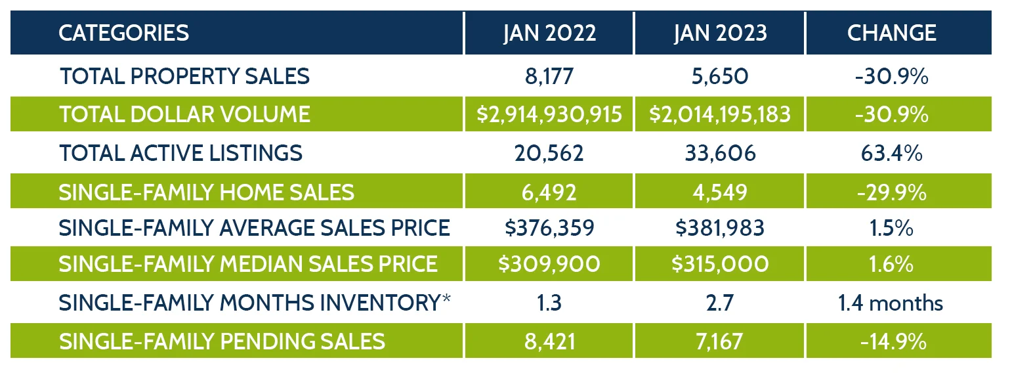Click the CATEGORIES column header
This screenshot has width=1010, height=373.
tap(123, 33)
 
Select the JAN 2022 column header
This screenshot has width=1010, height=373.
tap(549, 33)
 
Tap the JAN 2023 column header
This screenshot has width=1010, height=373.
tap(719, 33)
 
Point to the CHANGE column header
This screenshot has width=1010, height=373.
tap(891, 33)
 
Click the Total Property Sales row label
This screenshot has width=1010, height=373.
tap(184, 76)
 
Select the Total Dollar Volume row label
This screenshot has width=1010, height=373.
tap(184, 114)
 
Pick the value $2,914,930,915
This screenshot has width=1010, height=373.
tap(549, 114)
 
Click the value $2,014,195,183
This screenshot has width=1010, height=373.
tap(719, 114)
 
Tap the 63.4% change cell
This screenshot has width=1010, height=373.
tap(891, 153)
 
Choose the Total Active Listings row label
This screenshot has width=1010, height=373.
tap(180, 153)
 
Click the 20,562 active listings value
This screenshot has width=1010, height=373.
tap(549, 153)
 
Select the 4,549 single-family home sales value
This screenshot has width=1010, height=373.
tap(719, 192)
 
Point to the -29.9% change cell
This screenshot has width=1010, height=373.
tap(891, 192)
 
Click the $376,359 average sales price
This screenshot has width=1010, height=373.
tap(549, 228)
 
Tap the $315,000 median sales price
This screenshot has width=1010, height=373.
tap(719, 264)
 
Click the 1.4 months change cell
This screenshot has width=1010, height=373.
tap(891, 303)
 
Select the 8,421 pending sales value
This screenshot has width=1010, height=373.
tap(549, 341)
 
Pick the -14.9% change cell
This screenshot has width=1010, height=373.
tap(891, 341)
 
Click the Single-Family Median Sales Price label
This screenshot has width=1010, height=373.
tap(247, 264)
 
